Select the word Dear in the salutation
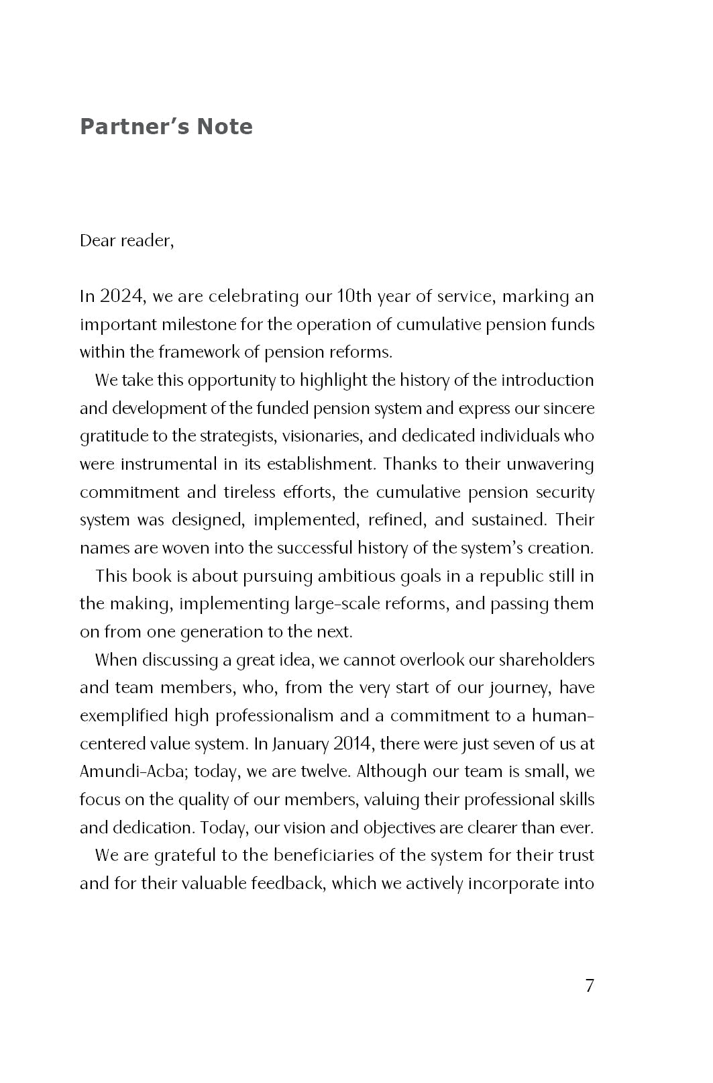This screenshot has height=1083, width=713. (x=97, y=241)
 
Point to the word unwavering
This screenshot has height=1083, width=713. (x=551, y=464)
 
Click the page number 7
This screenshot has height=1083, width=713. (x=589, y=986)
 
